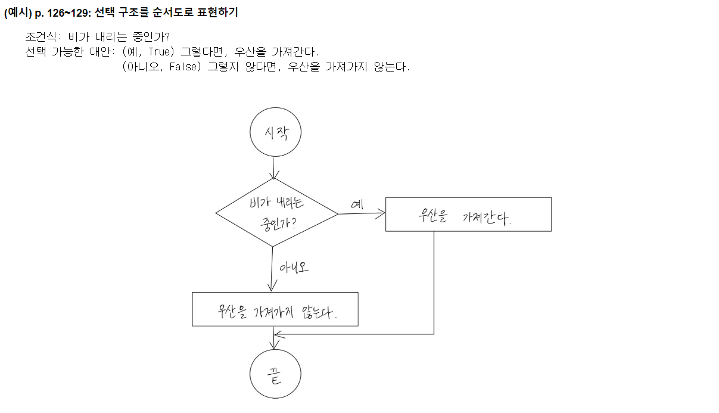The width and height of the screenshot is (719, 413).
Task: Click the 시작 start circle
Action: (275, 132)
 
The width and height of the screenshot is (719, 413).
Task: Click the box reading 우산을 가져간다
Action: (468, 214)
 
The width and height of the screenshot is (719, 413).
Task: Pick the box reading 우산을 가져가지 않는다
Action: (275, 309)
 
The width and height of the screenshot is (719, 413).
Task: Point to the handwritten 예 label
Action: (357, 204)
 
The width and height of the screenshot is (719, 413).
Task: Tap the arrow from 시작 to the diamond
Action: (274, 167)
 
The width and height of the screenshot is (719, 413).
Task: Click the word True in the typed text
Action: (159, 51)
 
